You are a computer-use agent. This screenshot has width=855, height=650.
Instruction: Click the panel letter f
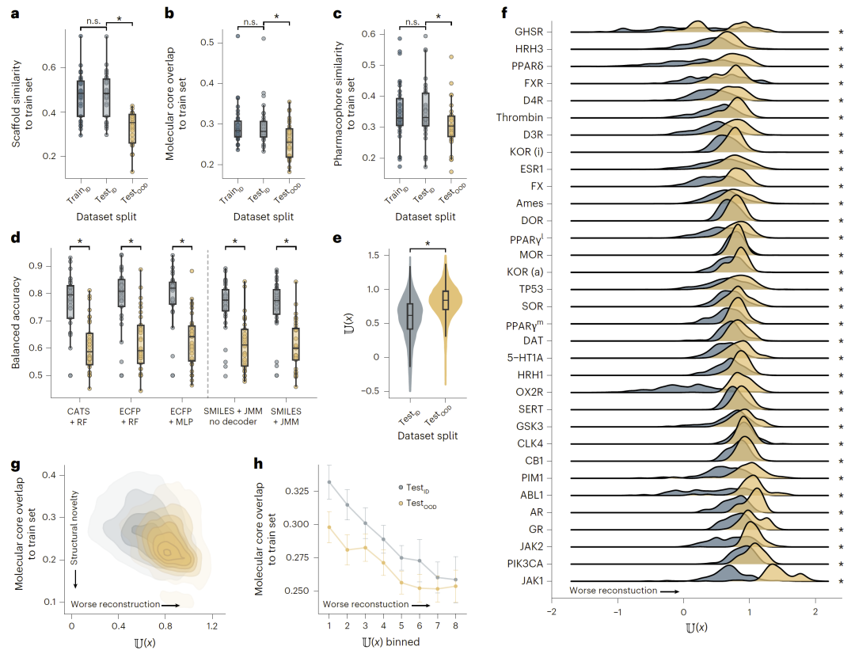click(x=504, y=13)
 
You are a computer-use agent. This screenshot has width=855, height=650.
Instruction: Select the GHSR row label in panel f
click(x=528, y=32)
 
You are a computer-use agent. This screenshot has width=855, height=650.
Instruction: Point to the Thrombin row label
click(x=519, y=117)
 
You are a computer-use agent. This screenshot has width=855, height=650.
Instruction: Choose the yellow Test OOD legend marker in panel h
click(x=403, y=504)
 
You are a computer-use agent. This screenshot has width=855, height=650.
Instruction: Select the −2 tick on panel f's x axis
click(x=552, y=613)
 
